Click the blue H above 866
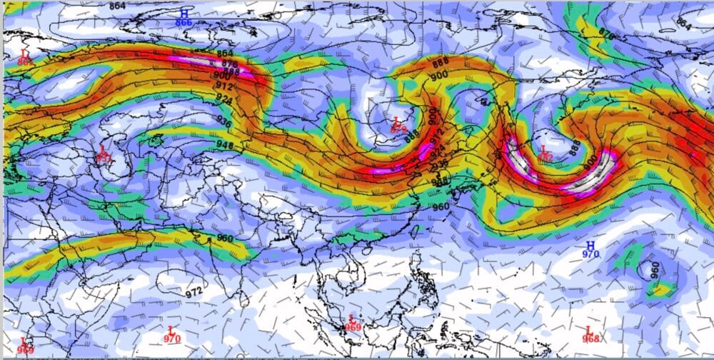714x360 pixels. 184,13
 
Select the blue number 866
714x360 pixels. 184,23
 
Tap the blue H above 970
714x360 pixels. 590,245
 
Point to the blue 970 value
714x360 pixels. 590,254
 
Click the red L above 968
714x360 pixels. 589,329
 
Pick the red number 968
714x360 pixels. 590,338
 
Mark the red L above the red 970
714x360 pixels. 171,329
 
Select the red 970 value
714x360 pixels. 171,339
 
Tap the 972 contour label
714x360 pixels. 193,291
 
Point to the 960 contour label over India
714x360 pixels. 225,238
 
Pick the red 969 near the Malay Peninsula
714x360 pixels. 352,326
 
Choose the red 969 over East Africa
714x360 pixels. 25,349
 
